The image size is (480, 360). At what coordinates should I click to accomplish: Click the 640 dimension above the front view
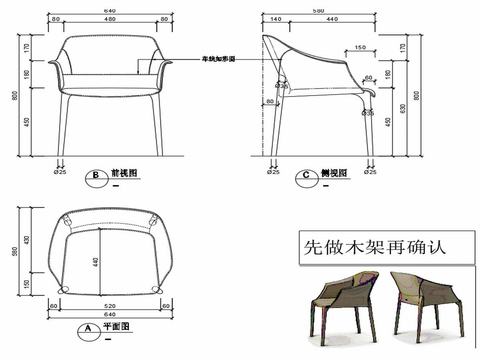click(107, 11)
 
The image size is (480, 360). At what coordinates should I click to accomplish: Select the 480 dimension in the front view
click(107, 20)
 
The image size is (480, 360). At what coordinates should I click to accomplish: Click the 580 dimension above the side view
click(319, 11)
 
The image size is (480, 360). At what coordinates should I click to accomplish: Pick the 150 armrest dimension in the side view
click(358, 47)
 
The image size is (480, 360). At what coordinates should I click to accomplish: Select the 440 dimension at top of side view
click(331, 20)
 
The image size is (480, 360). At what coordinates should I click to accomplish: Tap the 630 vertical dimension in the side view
click(401, 108)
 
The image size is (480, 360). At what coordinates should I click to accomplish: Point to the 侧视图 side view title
click(334, 172)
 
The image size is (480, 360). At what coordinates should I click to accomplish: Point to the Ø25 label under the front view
click(61, 172)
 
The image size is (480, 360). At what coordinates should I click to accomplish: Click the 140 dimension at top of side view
click(273, 20)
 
